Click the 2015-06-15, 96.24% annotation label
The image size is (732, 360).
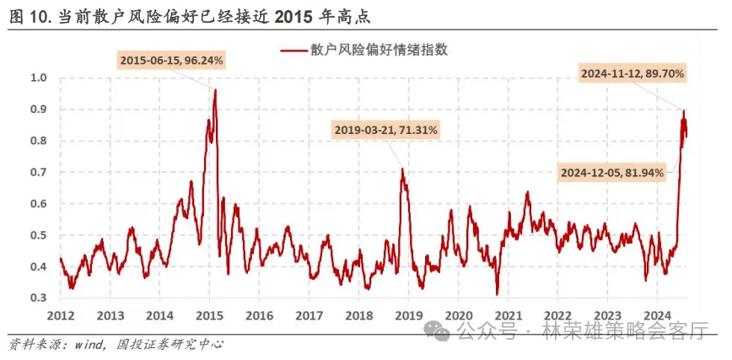pos(171,61)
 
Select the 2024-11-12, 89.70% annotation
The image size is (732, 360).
pos(632,74)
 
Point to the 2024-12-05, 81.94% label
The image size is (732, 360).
pos(612,173)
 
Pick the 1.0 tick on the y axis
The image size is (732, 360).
pos(40,78)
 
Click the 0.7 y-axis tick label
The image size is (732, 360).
pos(40,173)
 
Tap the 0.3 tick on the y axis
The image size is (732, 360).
pos(40,298)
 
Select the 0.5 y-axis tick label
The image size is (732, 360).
pos(40,236)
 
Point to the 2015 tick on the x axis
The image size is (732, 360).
pos(209,315)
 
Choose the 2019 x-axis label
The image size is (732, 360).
pos(408,315)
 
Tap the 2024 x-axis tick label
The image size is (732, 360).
pos(656,315)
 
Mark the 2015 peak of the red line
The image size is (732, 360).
pos(215,90)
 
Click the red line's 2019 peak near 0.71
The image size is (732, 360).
pos(403,170)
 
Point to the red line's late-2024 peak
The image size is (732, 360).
pos(683,111)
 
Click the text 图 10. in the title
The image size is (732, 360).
pos(29,15)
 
